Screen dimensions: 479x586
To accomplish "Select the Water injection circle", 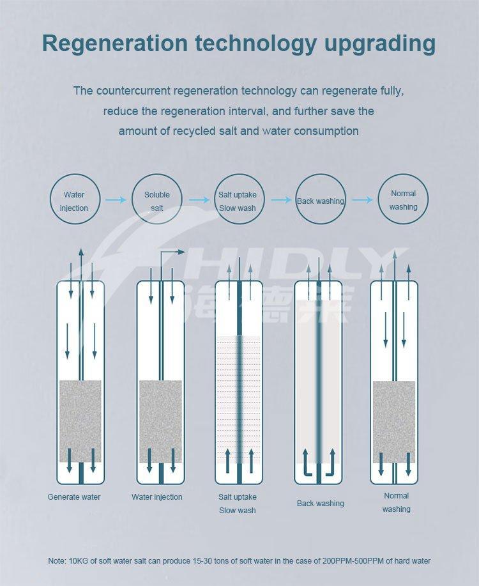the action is (75, 199).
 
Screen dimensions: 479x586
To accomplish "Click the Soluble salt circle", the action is (157, 199).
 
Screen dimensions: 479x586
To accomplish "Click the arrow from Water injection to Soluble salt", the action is (116, 200).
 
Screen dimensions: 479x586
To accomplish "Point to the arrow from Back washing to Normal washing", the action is (362, 200).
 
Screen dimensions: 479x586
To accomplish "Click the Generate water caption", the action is (74, 497).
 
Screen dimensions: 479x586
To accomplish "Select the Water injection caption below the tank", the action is (157, 497).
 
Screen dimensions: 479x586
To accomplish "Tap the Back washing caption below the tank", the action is (320, 504).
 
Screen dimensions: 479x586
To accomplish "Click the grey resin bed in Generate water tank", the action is (80, 421).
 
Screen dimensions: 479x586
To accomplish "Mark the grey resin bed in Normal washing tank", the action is (394, 422).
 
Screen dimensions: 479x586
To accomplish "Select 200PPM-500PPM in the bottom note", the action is (351, 561).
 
